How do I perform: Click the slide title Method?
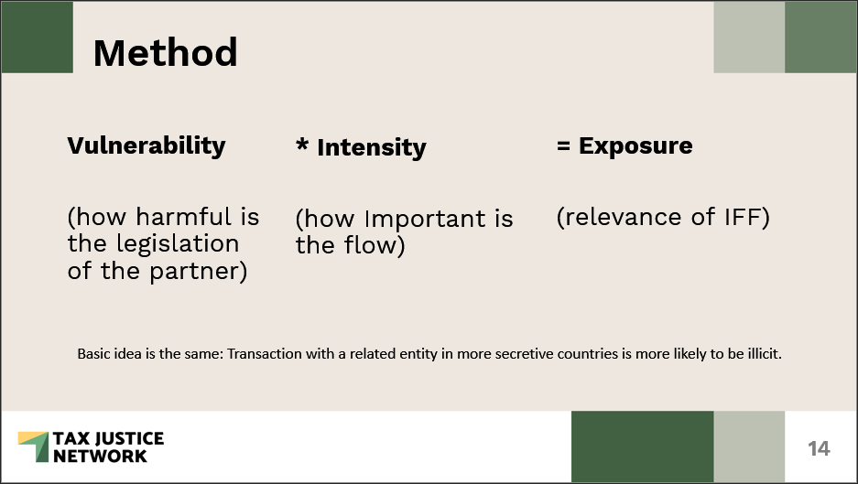point(165,52)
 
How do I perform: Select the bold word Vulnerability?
point(147,146)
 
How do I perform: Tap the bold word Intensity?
point(372,148)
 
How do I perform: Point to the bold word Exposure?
point(635,146)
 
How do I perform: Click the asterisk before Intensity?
point(302,145)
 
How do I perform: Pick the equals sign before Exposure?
point(564,146)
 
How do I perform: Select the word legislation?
point(178,244)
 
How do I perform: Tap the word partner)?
point(198,272)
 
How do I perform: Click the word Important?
point(425,220)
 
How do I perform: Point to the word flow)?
point(375,245)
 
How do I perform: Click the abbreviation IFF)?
point(747,217)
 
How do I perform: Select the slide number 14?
point(819,448)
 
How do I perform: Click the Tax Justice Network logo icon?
point(34,446)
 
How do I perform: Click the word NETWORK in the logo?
point(100,457)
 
